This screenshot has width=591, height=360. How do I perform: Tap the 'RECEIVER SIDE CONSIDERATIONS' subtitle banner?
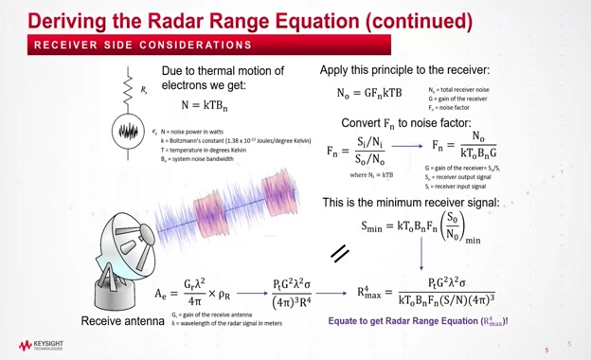143,45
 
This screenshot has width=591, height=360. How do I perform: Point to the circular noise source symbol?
131,129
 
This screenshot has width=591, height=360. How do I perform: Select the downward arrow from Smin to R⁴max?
421,258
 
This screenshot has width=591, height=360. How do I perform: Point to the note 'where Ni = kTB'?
371,174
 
